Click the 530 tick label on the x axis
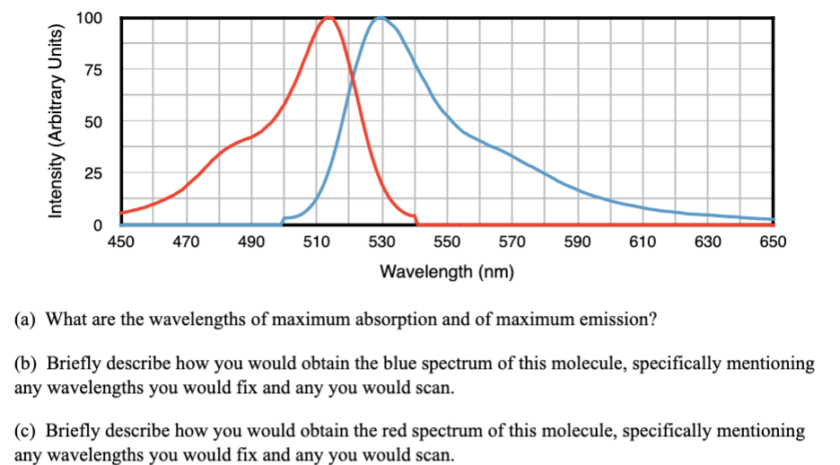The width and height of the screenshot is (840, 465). [x=381, y=242]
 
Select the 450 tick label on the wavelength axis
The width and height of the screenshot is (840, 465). [x=120, y=242]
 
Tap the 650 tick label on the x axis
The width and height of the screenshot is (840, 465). [x=773, y=242]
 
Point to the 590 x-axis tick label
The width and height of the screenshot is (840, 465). [x=577, y=242]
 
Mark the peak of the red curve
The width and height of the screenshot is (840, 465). [x=328, y=17]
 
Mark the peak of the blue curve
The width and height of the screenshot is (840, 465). [x=381, y=17]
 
